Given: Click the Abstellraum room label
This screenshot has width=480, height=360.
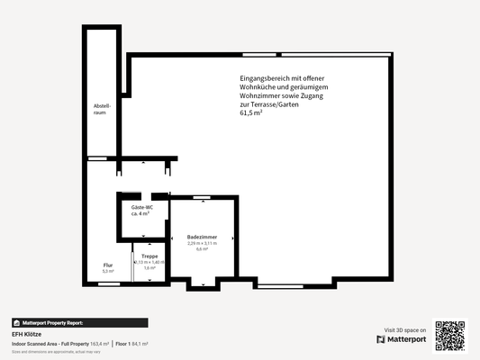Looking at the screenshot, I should [x=101, y=110].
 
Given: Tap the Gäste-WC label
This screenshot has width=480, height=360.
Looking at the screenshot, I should [x=140, y=208].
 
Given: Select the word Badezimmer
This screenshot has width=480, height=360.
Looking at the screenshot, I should [x=202, y=237].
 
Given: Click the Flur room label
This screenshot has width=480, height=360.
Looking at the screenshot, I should [x=107, y=265].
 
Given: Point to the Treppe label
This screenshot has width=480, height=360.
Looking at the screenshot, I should [x=149, y=256].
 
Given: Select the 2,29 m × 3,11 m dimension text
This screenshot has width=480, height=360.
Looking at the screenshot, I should [x=202, y=243].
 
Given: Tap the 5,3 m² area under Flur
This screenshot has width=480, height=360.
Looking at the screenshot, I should [x=107, y=270].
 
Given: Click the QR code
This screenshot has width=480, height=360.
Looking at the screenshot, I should [x=449, y=335].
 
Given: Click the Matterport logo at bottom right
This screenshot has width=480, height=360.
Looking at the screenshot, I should [x=402, y=339].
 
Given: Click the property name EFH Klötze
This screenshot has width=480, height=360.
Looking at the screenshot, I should [x=27, y=334].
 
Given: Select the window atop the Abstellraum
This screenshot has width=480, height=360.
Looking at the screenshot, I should [x=102, y=27].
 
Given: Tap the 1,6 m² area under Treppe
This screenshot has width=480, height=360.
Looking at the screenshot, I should [x=149, y=268].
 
